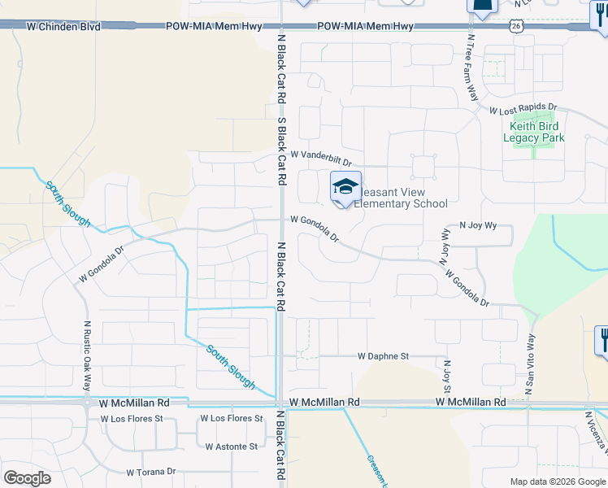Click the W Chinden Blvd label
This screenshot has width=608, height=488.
(x=63, y=27)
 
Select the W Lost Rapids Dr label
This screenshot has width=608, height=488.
(x=523, y=107)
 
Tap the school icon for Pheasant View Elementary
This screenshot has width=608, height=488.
(x=345, y=188)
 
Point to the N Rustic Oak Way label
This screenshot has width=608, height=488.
(x=88, y=355)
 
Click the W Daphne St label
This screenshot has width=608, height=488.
(x=383, y=356)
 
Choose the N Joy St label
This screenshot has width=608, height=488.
(x=446, y=375)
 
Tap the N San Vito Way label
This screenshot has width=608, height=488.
(x=532, y=364)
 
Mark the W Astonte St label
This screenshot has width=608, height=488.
(x=231, y=447)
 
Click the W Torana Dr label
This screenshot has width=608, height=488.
(x=150, y=472)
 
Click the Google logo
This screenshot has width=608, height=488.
(x=27, y=478)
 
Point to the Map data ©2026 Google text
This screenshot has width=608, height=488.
(x=557, y=481)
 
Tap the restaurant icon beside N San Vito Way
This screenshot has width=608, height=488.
(x=602, y=339)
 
